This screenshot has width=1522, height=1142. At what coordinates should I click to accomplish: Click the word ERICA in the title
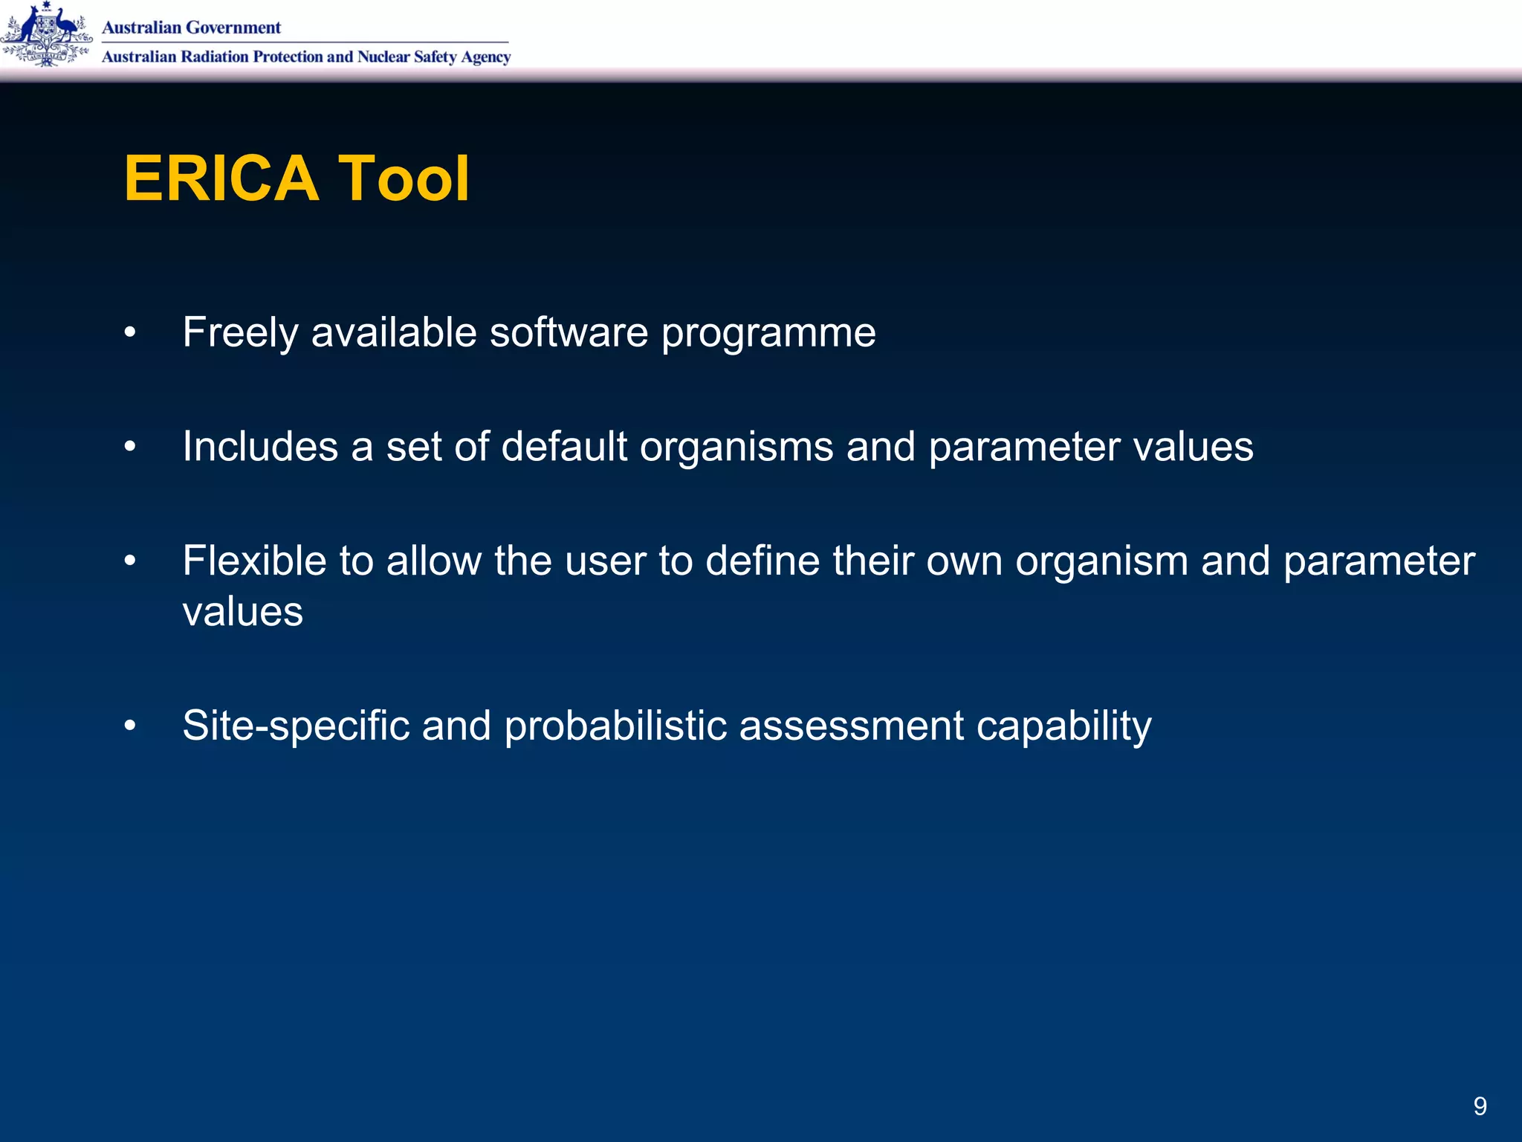(x=221, y=178)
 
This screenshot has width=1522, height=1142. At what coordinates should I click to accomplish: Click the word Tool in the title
(x=404, y=178)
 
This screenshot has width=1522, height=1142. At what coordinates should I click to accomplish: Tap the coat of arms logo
(x=46, y=35)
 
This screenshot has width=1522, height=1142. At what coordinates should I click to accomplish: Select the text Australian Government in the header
(x=191, y=28)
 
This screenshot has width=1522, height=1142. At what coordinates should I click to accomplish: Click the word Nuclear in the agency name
(x=383, y=57)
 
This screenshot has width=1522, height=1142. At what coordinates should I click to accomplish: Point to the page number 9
(x=1480, y=1106)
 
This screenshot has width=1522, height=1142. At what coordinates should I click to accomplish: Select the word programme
(x=768, y=332)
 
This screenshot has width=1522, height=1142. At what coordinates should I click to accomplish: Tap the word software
(x=569, y=332)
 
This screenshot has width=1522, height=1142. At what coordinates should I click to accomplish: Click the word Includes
(x=260, y=447)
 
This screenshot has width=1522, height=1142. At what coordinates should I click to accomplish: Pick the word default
(x=564, y=447)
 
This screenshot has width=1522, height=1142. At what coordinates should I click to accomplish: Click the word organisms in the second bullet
(x=736, y=447)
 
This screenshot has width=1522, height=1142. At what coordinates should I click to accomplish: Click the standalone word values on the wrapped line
(x=243, y=612)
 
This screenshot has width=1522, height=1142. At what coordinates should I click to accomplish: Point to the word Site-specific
(x=296, y=726)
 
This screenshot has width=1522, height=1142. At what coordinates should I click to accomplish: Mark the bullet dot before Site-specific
(x=130, y=725)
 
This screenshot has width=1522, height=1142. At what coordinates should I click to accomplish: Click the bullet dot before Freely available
(x=130, y=332)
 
